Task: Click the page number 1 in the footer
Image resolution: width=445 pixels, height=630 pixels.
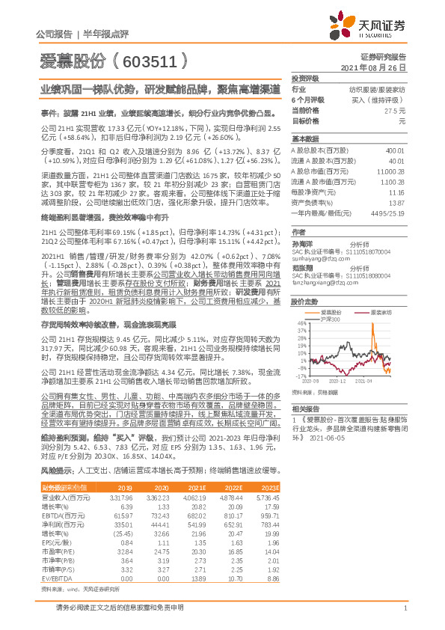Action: [x=405, y=608]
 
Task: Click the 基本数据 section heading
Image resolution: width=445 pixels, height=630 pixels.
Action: [x=305, y=138]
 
